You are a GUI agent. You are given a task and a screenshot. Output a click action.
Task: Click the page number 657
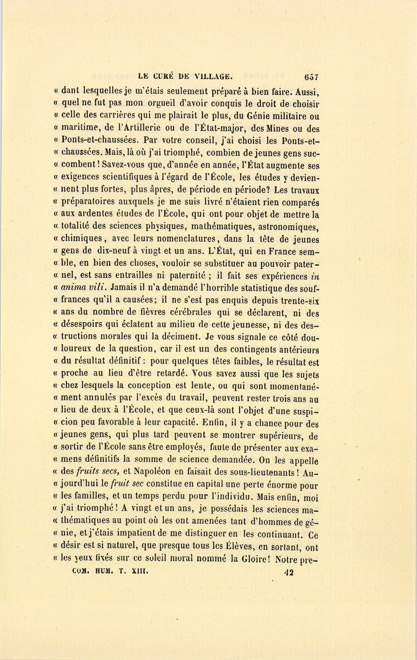click(x=311, y=77)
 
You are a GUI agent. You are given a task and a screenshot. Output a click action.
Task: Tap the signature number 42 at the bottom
click(x=290, y=572)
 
